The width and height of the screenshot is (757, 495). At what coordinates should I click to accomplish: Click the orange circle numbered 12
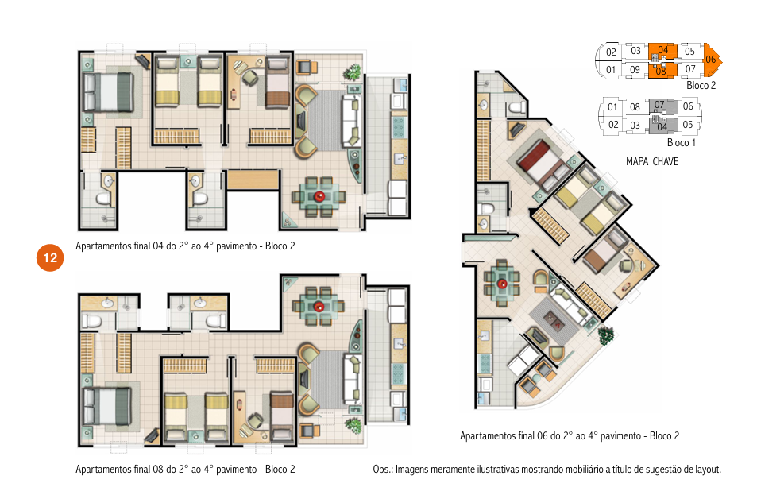coord(50,257)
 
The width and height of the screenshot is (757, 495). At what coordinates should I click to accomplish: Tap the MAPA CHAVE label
coord(652,162)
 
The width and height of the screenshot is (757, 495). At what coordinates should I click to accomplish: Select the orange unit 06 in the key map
coord(712,60)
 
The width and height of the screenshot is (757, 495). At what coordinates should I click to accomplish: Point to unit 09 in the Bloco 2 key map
coord(635,70)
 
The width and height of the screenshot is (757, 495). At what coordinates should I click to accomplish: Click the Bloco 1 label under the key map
coord(682,142)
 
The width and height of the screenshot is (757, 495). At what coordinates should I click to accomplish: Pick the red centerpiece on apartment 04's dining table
coord(319,196)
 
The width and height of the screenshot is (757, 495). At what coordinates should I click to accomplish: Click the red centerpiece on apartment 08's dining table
coord(319,306)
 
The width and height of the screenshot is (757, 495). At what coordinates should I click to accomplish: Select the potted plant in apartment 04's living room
coord(352,72)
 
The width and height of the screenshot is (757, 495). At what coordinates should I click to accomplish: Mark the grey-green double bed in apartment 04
coord(108,92)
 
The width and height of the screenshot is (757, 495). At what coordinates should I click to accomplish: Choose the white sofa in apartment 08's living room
coord(352,379)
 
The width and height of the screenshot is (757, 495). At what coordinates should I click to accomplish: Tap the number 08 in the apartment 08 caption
coord(158,469)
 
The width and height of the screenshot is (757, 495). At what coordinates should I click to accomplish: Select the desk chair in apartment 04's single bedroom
coord(250,77)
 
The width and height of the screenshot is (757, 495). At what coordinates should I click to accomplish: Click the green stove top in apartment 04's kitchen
coord(399,126)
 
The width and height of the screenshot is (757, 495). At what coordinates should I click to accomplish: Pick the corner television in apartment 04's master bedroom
coord(143,61)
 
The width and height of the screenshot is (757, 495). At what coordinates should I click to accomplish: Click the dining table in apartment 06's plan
coord(502,284)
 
